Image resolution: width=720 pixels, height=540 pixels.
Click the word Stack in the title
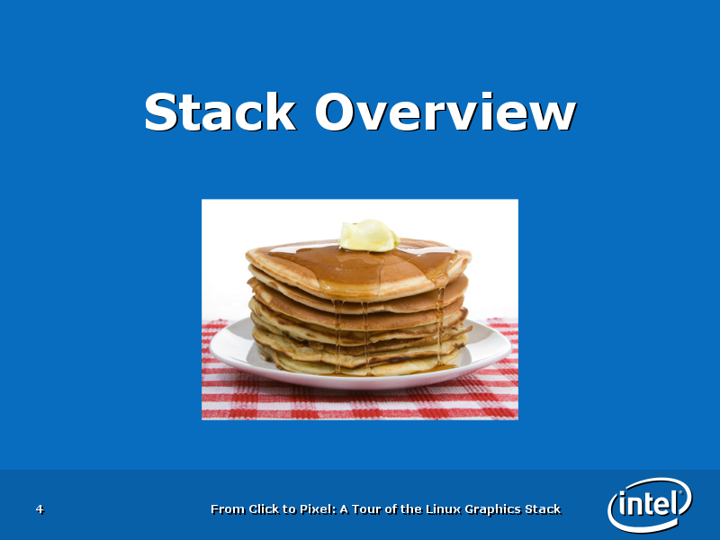click(220, 112)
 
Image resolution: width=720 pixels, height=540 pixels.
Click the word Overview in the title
click(445, 112)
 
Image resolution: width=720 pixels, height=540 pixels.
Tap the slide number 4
click(40, 508)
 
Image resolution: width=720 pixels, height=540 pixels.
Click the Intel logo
click(650, 505)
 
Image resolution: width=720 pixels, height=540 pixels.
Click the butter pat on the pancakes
click(368, 236)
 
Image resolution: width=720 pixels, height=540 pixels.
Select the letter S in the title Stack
click(161, 112)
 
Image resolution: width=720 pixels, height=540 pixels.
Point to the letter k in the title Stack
click(280, 111)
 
